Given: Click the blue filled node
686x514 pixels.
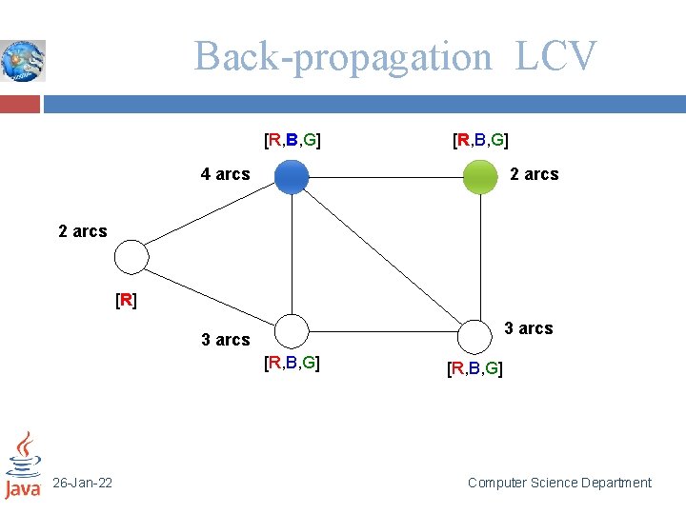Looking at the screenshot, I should click(x=292, y=177).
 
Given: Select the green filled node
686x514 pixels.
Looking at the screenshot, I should click(x=480, y=177).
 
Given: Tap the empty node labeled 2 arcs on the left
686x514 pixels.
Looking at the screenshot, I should click(x=131, y=257).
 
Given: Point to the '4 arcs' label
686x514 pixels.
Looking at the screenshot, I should click(x=225, y=174).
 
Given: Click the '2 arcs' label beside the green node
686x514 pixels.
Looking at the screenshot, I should click(x=535, y=174).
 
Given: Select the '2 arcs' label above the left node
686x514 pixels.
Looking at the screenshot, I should click(x=83, y=231).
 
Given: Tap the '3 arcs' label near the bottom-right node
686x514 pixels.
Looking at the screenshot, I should click(x=528, y=328).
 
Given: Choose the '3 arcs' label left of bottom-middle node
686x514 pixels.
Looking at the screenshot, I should click(x=226, y=340).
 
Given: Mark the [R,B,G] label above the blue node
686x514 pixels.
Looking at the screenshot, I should click(x=292, y=141).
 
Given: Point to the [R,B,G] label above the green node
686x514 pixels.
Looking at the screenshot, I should click(x=480, y=141).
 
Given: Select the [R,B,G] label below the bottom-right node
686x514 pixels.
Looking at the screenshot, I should click(x=475, y=368).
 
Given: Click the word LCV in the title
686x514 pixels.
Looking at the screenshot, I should click(x=556, y=56).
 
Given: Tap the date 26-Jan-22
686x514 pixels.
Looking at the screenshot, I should click(x=82, y=484).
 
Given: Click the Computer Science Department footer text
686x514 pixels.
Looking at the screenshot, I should click(x=559, y=484).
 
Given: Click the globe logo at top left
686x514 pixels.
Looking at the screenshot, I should click(x=23, y=60).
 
